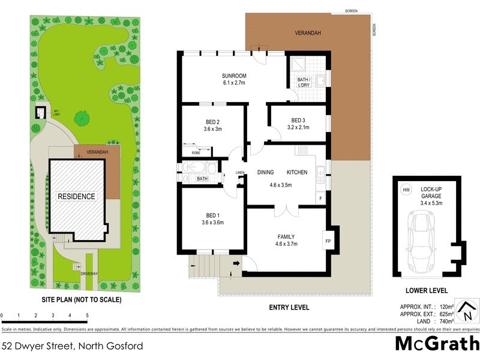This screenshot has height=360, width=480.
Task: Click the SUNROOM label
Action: click(x=234, y=76)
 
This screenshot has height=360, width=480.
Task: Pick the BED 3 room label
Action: click(x=298, y=119)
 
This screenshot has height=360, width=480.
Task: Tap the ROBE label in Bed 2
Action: click(x=196, y=153)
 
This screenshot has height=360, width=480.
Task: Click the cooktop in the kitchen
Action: click(x=302, y=150)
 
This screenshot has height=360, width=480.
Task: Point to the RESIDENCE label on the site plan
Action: click(x=76, y=196)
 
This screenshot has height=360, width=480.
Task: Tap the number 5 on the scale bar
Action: click(x=88, y=315)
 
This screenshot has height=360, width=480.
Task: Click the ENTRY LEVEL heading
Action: click(x=289, y=307)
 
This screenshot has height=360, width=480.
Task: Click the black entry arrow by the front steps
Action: click(x=235, y=263)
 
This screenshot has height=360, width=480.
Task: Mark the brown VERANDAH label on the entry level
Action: click(x=310, y=34)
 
